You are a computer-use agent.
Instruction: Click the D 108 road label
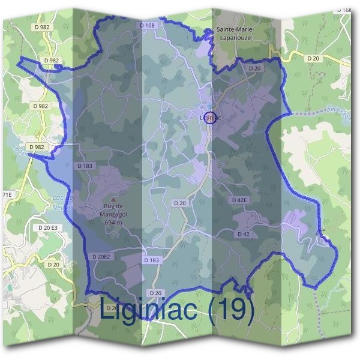pos(148,26)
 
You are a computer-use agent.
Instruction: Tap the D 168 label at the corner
pos(344,10)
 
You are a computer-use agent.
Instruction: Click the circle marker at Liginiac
pos(209,116)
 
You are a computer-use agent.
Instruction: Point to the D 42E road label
pos(239,200)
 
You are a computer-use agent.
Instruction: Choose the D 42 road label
pos(243,233)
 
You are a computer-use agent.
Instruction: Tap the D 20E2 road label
pos(102,257)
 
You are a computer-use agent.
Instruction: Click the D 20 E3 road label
pos(47,228)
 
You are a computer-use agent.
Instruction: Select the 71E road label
pos(6,195)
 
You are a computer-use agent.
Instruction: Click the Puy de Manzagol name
pos(113,211)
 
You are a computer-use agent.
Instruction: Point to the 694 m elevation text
pos(113,222)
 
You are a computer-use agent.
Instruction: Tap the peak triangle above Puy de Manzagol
pos(114,200)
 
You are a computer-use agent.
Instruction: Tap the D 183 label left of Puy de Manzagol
pos(85,165)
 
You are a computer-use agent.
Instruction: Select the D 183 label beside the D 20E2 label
pos(152,260)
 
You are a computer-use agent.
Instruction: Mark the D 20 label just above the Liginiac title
pos(155,293)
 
